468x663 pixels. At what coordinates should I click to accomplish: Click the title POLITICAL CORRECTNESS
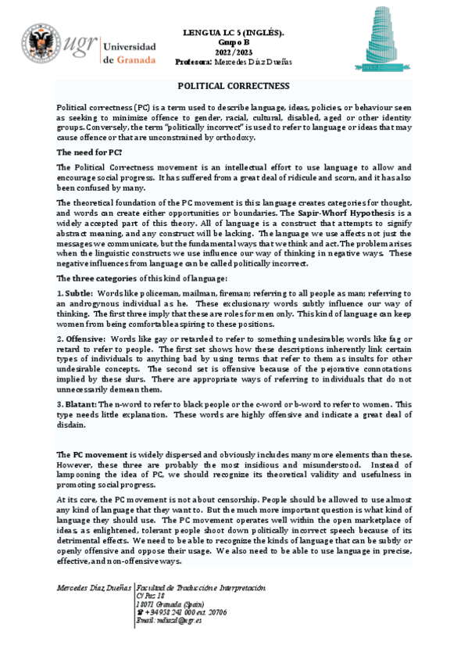pos(234,86)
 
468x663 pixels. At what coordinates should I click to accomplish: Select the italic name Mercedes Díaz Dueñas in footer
pos(94,587)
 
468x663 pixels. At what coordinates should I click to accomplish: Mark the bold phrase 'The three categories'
pos(98,278)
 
